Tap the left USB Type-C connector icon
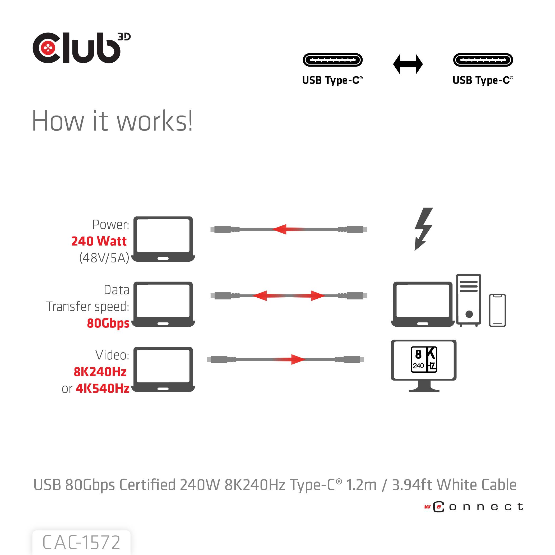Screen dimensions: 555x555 tap(332, 60)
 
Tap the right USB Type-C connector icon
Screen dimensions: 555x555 tap(483, 60)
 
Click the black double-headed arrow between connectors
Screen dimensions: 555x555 tap(408, 64)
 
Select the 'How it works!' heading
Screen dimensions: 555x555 tap(112, 121)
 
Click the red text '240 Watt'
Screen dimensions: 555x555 tap(99, 241)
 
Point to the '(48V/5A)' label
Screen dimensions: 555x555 tap(104, 258)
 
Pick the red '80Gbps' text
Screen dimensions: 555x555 tap(108, 323)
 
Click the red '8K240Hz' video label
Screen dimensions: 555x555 tap(100, 372)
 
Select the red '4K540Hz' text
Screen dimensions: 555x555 tap(102, 388)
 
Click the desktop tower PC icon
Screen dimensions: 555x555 tap(469, 300)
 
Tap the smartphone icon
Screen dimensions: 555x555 tap(497, 310)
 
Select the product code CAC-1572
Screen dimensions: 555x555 tap(81, 542)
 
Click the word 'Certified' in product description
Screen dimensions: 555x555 tap(147, 485)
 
